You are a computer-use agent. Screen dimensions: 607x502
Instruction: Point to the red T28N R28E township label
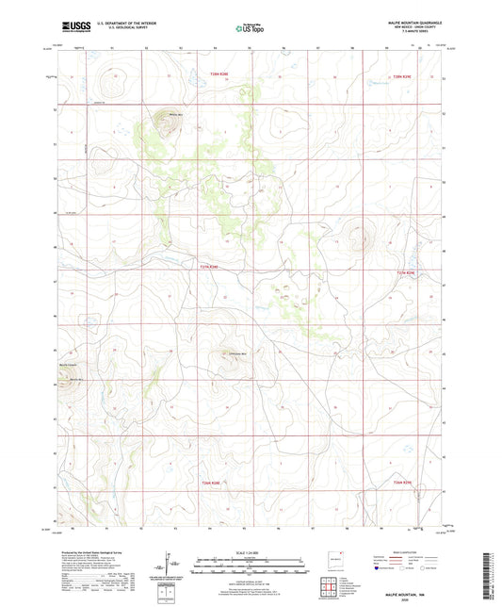[x=219, y=75]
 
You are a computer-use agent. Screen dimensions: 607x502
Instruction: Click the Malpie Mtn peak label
[x=174, y=115]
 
